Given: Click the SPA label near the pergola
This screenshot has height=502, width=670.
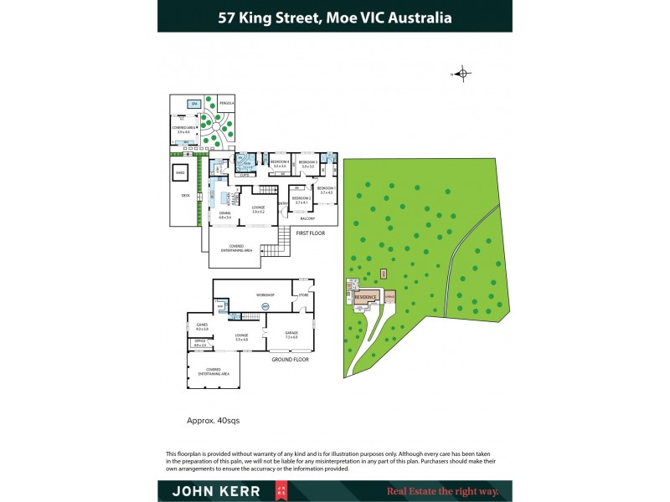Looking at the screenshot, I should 193,104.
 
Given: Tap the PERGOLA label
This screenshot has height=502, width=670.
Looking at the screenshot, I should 225,103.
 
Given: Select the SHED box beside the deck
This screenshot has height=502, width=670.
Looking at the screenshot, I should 179,174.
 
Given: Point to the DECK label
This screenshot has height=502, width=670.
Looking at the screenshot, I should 185,195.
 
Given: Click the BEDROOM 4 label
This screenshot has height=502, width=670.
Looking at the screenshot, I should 279,162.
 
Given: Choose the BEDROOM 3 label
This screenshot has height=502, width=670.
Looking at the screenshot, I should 307,162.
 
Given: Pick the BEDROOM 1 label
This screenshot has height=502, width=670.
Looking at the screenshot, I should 326,190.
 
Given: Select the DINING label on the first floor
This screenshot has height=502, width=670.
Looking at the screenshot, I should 224,213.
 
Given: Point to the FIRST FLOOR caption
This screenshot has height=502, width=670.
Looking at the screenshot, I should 311,233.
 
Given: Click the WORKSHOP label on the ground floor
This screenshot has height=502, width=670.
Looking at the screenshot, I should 265,295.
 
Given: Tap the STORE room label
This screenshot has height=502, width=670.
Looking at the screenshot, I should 302,295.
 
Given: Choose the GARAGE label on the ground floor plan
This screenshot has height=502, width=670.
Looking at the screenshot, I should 291,334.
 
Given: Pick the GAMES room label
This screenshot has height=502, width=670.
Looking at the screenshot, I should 202,325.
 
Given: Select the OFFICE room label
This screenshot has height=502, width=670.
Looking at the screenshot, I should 199,342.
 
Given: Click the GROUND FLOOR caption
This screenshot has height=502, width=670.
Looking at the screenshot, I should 290,359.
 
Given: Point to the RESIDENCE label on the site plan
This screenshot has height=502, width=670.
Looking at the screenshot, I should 366,297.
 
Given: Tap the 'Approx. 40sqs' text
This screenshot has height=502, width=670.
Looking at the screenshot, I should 213,421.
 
